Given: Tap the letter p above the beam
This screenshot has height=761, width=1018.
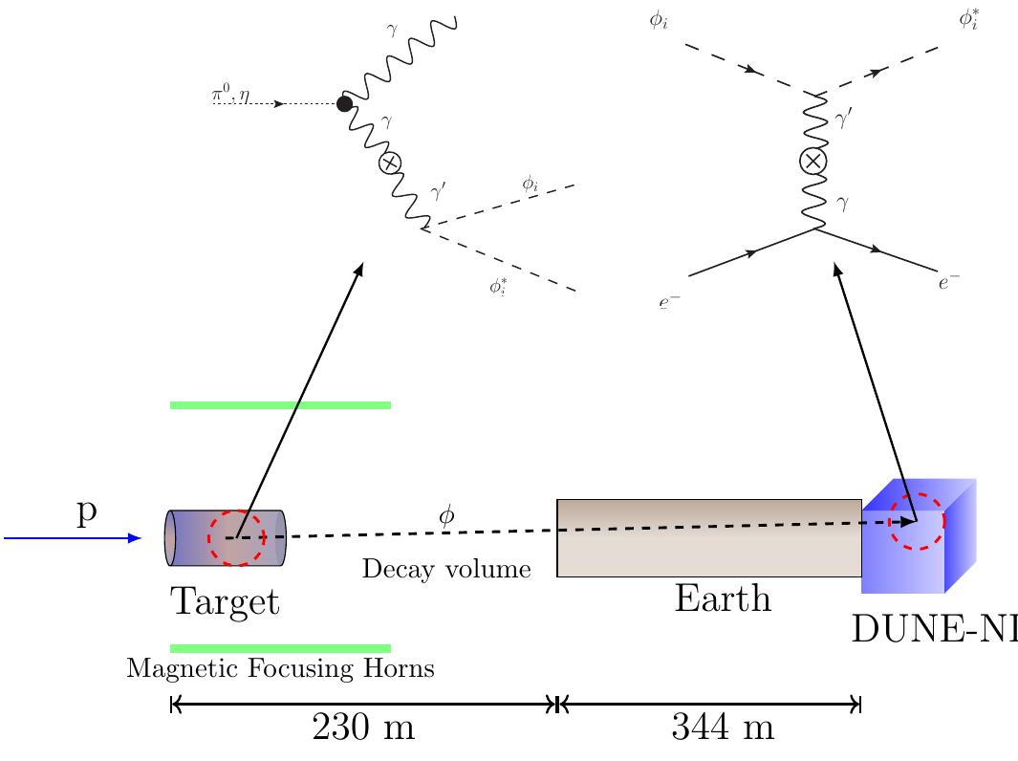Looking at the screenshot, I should click(x=87, y=513).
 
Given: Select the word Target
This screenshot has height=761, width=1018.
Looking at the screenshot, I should click(x=225, y=602).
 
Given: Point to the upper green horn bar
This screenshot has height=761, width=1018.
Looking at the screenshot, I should click(x=280, y=405).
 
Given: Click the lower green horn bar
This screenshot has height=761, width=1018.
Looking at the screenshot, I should click(x=280, y=648).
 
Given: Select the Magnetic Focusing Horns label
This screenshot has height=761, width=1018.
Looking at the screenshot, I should click(x=280, y=669).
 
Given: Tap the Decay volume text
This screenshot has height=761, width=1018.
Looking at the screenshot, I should click(x=445, y=571).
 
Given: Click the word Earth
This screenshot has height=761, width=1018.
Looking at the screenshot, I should click(x=722, y=599).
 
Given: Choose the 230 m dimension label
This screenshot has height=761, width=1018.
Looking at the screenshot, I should click(x=363, y=729).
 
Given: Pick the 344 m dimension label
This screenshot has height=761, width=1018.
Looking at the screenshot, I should click(x=722, y=729).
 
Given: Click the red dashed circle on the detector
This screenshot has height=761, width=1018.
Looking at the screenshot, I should click(x=916, y=521).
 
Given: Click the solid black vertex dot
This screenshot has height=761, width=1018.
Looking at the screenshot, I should click(x=345, y=103).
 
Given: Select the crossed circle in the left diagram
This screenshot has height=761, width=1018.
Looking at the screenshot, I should click(x=389, y=163).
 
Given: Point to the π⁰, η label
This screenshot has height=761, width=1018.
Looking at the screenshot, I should click(x=230, y=96).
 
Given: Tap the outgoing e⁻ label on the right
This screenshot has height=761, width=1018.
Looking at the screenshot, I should click(x=948, y=281).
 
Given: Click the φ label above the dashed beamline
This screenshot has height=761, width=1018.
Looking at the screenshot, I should click(x=446, y=516).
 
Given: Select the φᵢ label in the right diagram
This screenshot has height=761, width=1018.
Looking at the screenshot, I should click(x=657, y=20).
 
